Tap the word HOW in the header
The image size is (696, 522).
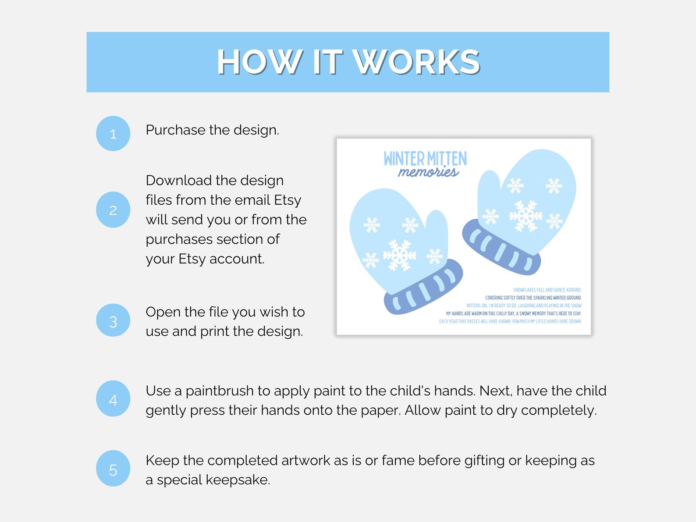click(x=259, y=62)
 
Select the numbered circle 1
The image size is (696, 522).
click(x=113, y=134)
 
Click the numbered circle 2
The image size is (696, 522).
click(x=113, y=210)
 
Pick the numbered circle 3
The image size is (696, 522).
click(x=113, y=321)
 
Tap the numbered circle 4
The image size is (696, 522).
click(x=113, y=399)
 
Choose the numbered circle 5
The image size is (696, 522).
click(x=113, y=469)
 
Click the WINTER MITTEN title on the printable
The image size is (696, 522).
click(x=425, y=158)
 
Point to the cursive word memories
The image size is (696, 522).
click(x=428, y=172)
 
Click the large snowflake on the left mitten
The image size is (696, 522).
click(x=399, y=255)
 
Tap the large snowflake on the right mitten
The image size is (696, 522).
click(x=525, y=216)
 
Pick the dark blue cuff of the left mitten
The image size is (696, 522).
click(x=423, y=288)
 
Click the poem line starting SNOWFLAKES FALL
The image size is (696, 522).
click(x=547, y=290)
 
